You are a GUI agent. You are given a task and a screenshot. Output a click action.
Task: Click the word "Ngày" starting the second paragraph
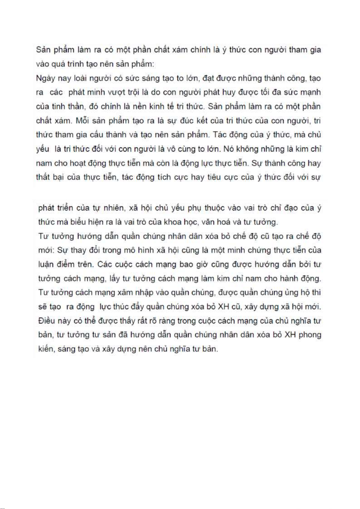tap(45, 79)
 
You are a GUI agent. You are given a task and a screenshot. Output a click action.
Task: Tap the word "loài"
tap(79, 78)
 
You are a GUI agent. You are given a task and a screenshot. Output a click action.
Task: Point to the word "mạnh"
tap(310, 92)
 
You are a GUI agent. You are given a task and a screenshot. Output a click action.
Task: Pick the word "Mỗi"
tap(82, 121)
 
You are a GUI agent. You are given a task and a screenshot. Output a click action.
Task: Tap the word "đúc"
tap(186, 121)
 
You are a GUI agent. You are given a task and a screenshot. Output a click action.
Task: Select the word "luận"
tap(46, 264)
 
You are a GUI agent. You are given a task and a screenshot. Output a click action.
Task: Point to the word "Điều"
tap(47, 321)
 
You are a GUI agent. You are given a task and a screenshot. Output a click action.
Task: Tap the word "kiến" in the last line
tap(46, 349)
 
